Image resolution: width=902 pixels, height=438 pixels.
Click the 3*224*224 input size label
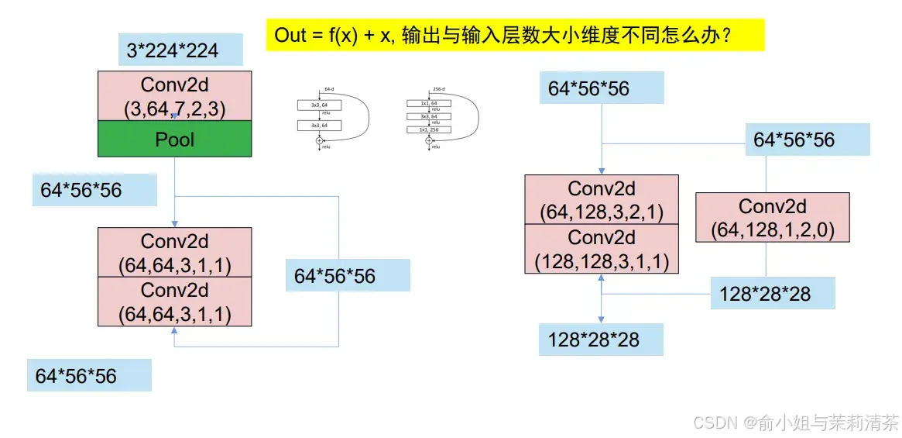[173, 52]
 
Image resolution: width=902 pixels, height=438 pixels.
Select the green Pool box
[175, 140]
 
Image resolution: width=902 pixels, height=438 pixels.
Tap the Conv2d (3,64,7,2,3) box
[175, 96]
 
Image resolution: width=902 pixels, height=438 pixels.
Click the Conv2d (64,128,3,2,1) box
[602, 199]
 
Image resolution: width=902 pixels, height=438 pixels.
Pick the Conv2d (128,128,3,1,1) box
[602, 249]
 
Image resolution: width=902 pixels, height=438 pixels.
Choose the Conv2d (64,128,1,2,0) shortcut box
[772, 218]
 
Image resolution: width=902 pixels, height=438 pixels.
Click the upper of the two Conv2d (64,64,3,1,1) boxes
[174, 253]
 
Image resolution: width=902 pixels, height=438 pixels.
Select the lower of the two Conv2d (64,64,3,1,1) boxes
[174, 302]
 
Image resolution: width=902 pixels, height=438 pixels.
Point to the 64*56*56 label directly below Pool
[81, 190]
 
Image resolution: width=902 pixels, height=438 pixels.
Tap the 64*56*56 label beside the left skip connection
[334, 276]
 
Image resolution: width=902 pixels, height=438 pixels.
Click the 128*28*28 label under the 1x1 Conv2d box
[765, 294]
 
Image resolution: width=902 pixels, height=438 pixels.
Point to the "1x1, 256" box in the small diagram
[428, 129]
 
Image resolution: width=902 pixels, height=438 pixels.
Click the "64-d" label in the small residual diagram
[328, 89]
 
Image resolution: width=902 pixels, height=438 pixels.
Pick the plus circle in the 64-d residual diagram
[319, 140]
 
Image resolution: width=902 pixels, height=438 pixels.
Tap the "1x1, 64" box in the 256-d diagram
[428, 103]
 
